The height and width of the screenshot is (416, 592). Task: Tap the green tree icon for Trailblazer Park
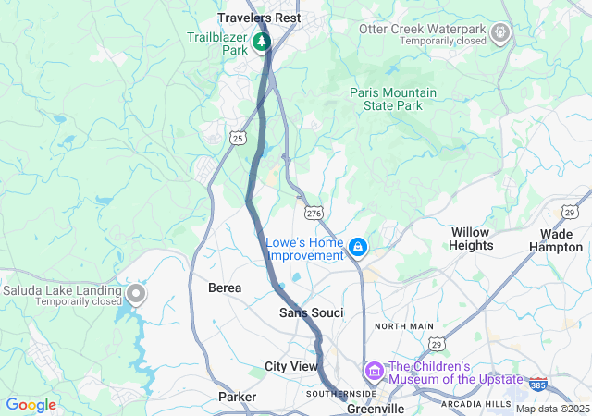pyautogui.click(x=262, y=42)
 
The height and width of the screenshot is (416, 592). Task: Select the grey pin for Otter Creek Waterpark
pyautogui.click(x=500, y=34)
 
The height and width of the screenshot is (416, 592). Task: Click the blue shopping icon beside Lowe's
pyautogui.click(x=358, y=247)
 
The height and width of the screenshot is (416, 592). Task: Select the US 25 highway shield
pyautogui.click(x=238, y=139)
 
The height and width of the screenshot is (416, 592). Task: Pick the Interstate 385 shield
pyautogui.click(x=537, y=381)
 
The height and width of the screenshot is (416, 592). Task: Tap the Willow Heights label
pyautogui.click(x=471, y=239)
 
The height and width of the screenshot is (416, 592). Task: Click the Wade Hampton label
pyautogui.click(x=556, y=240)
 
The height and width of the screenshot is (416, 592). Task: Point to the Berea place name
pyautogui.click(x=225, y=288)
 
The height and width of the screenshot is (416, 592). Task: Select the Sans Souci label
pyautogui.click(x=312, y=313)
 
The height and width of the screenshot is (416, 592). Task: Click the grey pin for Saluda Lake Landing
pyautogui.click(x=137, y=295)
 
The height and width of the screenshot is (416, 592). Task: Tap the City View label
pyautogui.click(x=291, y=366)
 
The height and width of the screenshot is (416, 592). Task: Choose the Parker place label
pyautogui.click(x=237, y=397)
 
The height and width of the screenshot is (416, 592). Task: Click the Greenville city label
pyautogui.click(x=376, y=408)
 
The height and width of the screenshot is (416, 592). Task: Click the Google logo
pyautogui.click(x=31, y=405)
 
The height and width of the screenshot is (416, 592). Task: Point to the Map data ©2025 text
pyautogui.click(x=551, y=409)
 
